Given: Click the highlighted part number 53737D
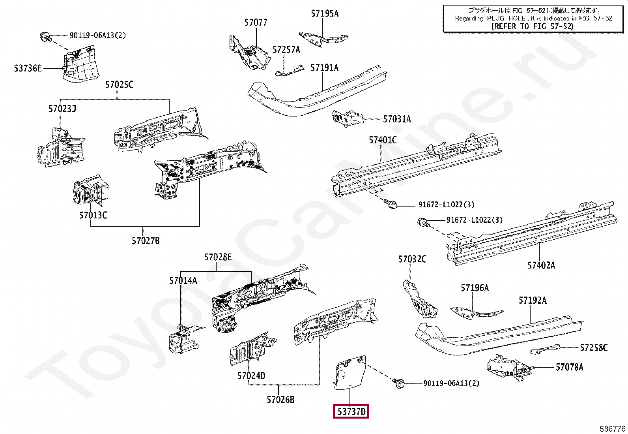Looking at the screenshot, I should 351,412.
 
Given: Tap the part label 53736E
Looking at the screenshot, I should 28,68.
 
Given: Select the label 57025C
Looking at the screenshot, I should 119,85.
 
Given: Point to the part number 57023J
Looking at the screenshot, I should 62,109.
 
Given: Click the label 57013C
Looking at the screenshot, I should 93,215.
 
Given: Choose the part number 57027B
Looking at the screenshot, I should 146,240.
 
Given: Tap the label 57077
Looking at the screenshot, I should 256,23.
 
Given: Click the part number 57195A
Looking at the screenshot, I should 324,13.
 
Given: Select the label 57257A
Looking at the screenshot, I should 286,49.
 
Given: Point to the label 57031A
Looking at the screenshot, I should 397,119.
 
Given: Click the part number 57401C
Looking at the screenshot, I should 383,140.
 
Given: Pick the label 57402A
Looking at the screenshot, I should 541,265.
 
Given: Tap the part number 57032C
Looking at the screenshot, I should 412,259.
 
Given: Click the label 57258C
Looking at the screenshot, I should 594,348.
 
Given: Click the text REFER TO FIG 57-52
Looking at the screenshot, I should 532,26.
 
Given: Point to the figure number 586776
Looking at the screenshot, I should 612,428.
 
